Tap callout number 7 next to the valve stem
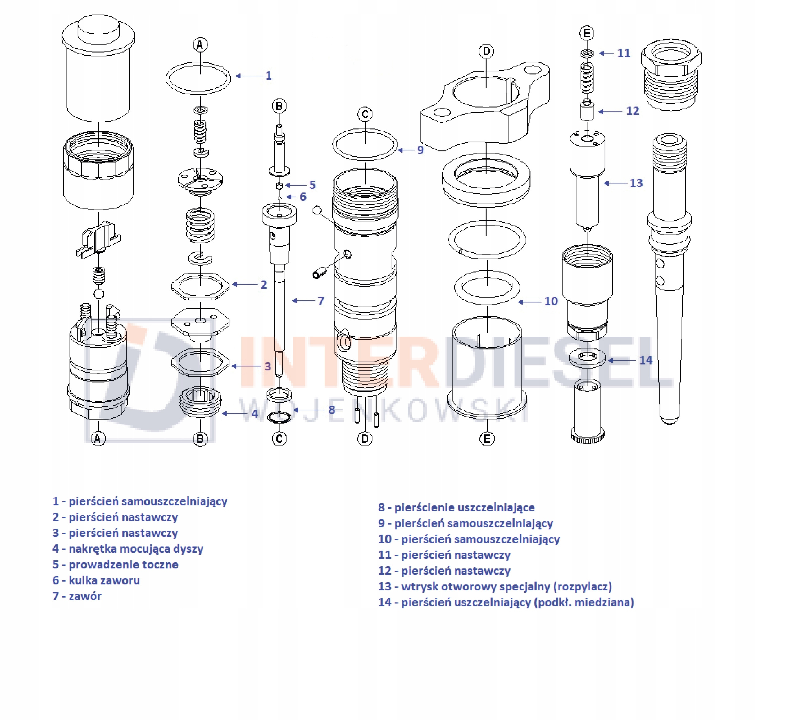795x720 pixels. (320, 301)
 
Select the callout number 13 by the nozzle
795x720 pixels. (636, 183)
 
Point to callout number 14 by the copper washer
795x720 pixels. (646, 360)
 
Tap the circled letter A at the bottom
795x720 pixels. (98, 438)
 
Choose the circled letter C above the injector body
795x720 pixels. (365, 114)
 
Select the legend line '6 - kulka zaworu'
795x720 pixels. (96, 580)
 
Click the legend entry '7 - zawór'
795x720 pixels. (77, 596)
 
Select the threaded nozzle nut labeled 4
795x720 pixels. (200, 402)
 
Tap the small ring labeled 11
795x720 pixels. (587, 53)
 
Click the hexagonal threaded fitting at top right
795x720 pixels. (671, 73)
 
